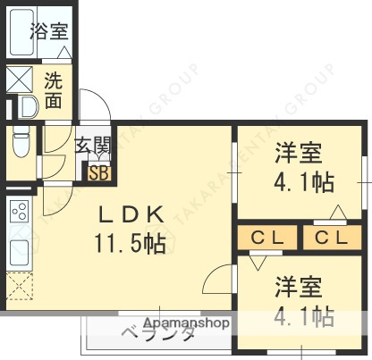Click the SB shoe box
tap(98, 172)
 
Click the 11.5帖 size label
tap(131, 242)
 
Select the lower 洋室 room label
tap(298, 288)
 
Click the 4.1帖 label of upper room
tap(303, 182)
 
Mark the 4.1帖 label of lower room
tap(303, 316)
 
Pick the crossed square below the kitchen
tap(19, 288)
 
